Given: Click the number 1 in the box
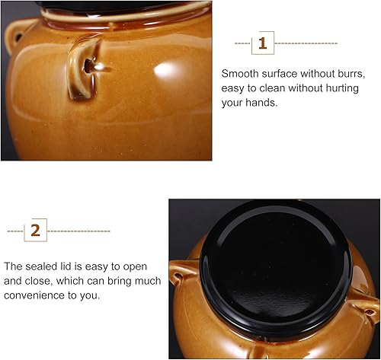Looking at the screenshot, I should tap(263, 43).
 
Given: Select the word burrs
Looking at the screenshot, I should tap(349, 74).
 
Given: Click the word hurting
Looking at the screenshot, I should tap(338, 88).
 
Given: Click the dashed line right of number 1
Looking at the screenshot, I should tap(305, 43).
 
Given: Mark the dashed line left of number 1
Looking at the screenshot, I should tap(242, 43).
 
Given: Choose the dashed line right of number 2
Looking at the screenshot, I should tap(79, 230).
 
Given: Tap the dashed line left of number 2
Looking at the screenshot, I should tap(15, 230).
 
